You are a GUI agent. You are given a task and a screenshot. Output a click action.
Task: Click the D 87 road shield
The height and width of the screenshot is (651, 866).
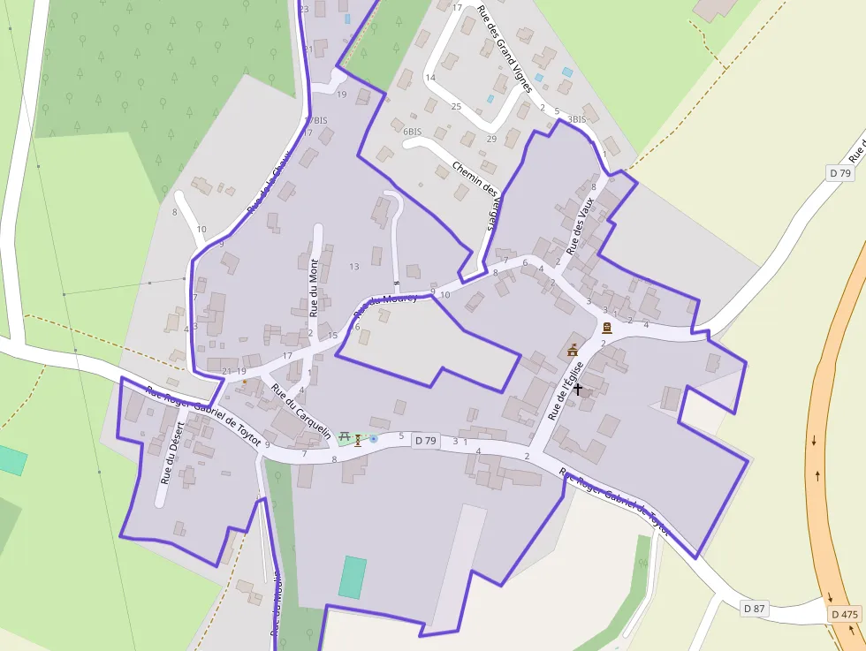pyautogui.click(x=754, y=609)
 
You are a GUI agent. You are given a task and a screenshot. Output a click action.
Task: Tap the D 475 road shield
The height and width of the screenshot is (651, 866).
pyautogui.click(x=845, y=615)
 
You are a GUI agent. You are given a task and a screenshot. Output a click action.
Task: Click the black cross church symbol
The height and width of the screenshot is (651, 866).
pyautogui.click(x=578, y=388)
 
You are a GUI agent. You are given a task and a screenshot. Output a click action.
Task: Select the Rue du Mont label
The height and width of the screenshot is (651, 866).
pyautogui.click(x=314, y=287)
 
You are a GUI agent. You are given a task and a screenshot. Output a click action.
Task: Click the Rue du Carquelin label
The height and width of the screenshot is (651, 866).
pyautogui.click(x=301, y=412)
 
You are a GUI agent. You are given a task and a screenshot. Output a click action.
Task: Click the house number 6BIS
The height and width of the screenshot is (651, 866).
pyautogui.click(x=412, y=132)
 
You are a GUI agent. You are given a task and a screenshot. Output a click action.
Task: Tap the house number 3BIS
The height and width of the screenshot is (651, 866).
pyautogui.click(x=576, y=119)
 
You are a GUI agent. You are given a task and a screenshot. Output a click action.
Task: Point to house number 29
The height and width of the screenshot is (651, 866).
pyautogui.click(x=491, y=139)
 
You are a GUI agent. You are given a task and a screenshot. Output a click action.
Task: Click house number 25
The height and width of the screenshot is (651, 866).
pyautogui.click(x=456, y=107)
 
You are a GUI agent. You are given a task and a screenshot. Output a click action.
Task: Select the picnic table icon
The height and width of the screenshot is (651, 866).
pyautogui.click(x=345, y=437)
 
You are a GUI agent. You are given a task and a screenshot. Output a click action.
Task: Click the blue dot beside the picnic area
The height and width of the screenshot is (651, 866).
pyautogui.click(x=373, y=438)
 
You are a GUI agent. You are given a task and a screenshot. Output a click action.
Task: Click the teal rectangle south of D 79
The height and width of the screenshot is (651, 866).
pyautogui.click(x=353, y=577)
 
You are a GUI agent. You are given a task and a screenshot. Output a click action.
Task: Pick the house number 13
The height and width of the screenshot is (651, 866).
pyautogui.click(x=354, y=267)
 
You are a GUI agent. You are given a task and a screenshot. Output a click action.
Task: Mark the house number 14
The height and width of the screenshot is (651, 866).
pyautogui.click(x=430, y=78)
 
